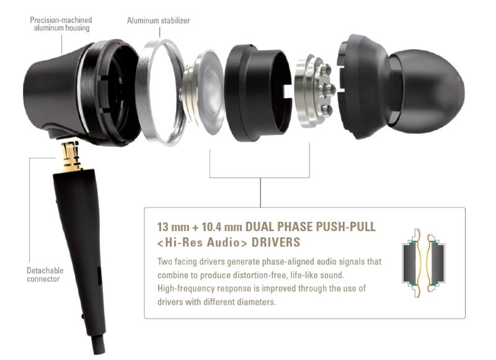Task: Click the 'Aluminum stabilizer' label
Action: pos(158,20)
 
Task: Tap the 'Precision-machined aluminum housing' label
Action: pos(61,24)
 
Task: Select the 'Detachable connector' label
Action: pos(45,274)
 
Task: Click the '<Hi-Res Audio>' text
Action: pos(203,242)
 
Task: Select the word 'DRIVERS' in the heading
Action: pos(275,242)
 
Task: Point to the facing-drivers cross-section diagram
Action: pos(423,263)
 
